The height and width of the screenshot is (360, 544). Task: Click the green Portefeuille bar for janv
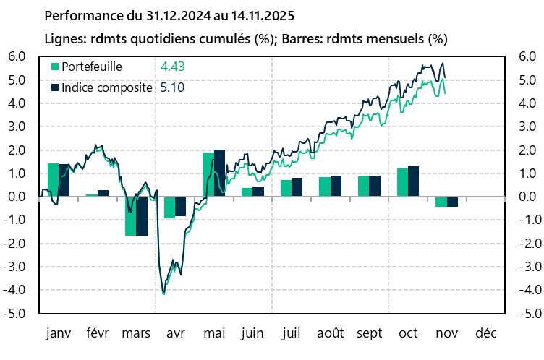click(x=53, y=180)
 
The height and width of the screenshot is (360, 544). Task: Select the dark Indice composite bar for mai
click(x=219, y=173)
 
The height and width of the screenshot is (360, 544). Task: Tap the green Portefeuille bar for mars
click(x=130, y=216)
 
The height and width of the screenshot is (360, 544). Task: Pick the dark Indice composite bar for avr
click(x=180, y=207)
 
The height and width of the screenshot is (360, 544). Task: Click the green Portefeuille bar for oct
click(x=403, y=182)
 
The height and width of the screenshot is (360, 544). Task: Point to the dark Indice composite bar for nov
click(x=453, y=202)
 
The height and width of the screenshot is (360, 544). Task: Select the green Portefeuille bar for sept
click(x=364, y=187)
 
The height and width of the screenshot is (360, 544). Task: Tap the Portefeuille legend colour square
click(x=54, y=67)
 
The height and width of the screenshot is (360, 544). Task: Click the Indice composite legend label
click(x=107, y=87)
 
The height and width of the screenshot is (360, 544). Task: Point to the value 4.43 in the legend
click(x=172, y=67)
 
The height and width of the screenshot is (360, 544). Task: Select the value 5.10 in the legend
click(x=172, y=87)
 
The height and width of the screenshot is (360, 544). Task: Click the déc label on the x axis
click(x=486, y=334)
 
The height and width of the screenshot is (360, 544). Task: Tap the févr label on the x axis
click(x=98, y=334)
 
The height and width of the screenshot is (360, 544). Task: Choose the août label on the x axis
click(x=331, y=334)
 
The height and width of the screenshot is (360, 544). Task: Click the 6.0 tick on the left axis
click(x=17, y=57)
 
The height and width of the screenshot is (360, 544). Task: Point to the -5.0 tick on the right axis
click(x=528, y=314)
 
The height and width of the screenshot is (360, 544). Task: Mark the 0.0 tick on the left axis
click(x=17, y=197)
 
